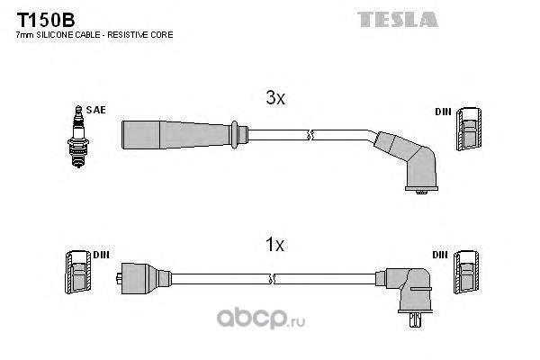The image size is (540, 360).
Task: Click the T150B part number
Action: (x=46, y=20)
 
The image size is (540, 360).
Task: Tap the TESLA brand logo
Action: (x=398, y=19)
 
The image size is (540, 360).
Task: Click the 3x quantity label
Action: (x=275, y=98)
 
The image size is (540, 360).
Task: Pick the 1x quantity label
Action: (x=274, y=245)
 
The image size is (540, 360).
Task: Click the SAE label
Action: (x=95, y=110)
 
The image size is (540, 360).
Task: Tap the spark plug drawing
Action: (x=78, y=137)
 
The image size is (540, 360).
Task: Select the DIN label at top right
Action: (x=443, y=112)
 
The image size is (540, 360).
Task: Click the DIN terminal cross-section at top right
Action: (x=469, y=129)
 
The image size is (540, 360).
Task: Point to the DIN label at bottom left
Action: (x=101, y=255)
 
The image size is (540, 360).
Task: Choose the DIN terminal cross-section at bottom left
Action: (x=78, y=272)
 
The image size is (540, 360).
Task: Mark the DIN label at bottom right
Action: (x=440, y=255)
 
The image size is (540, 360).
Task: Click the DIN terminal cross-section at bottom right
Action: (x=466, y=272)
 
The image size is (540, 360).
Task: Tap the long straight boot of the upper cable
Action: (x=184, y=135)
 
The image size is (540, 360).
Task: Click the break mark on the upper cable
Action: (x=310, y=135)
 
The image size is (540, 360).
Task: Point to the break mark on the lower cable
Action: (x=272, y=279)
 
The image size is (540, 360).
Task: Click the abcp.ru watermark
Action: (x=261, y=319)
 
